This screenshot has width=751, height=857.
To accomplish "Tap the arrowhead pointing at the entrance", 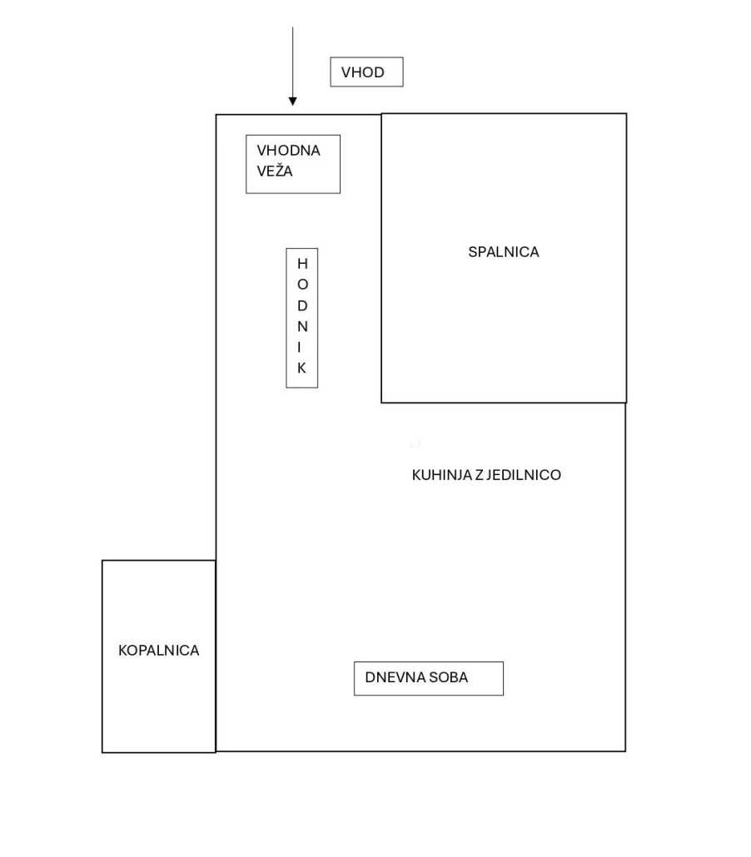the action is pyautogui.click(x=292, y=102).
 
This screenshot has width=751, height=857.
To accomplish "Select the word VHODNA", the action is pyautogui.click(x=288, y=151).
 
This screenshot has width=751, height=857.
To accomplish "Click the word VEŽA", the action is pyautogui.click(x=275, y=171).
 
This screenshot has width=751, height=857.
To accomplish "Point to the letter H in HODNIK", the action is pyautogui.click(x=302, y=264).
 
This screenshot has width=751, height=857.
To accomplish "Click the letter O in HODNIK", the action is pyautogui.click(x=302, y=285).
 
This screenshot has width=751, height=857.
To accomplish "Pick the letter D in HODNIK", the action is pyautogui.click(x=302, y=305).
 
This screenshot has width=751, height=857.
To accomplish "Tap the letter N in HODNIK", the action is pyautogui.click(x=302, y=326).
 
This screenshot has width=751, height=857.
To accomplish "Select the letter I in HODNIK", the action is pyautogui.click(x=299, y=347).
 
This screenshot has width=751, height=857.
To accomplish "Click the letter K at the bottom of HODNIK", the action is pyautogui.click(x=302, y=368).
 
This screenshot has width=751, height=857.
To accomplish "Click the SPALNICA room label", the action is pyautogui.click(x=503, y=252).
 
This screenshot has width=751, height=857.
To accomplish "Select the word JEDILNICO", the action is pyautogui.click(x=524, y=475).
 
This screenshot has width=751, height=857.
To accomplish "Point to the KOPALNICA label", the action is pyautogui.click(x=159, y=651).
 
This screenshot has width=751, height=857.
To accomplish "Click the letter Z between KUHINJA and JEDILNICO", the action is pyautogui.click(x=479, y=475).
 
